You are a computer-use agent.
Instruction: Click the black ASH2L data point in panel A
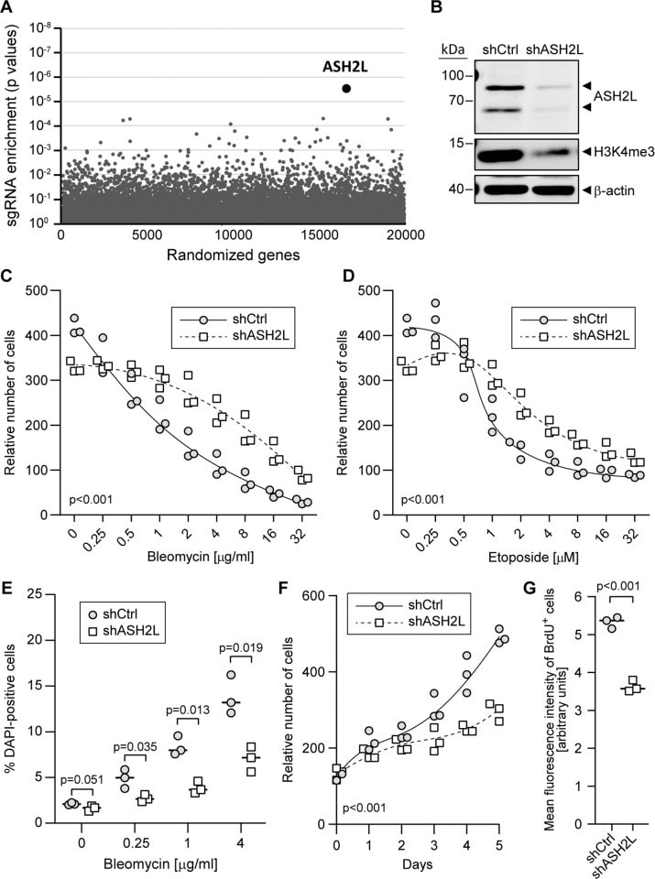click(x=346, y=88)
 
